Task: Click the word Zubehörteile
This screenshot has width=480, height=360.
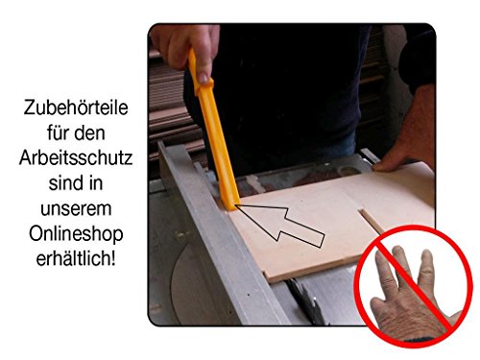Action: [x=76, y=108]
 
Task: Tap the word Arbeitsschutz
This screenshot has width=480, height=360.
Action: [x=76, y=158]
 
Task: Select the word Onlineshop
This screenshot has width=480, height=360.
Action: [x=76, y=234]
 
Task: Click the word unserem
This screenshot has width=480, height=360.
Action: [x=76, y=209]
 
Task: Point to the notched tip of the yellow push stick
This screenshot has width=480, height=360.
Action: [x=232, y=206]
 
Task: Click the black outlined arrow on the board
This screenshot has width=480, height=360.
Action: [x=281, y=226]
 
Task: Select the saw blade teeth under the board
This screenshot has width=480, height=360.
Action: [x=305, y=300]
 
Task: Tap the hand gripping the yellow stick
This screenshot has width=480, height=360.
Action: [x=185, y=51]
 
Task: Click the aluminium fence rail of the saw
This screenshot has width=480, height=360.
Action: [x=221, y=237]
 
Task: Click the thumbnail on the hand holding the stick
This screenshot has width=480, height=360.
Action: [x=203, y=78]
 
